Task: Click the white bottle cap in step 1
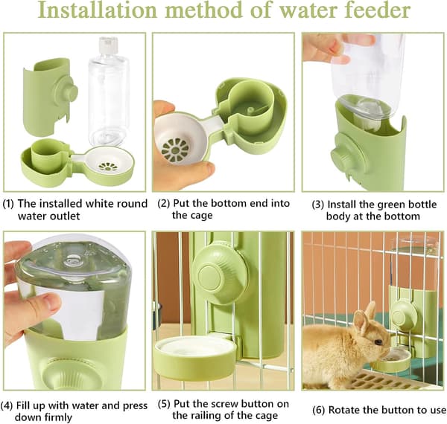coord(108,45)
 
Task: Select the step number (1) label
coord(8,204)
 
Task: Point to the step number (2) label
coord(163,204)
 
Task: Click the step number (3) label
coord(318,205)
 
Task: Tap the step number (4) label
coord(6,406)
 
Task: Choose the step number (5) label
coord(164,404)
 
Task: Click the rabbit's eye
coord(378,342)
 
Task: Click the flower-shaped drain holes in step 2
coord(175,149)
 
